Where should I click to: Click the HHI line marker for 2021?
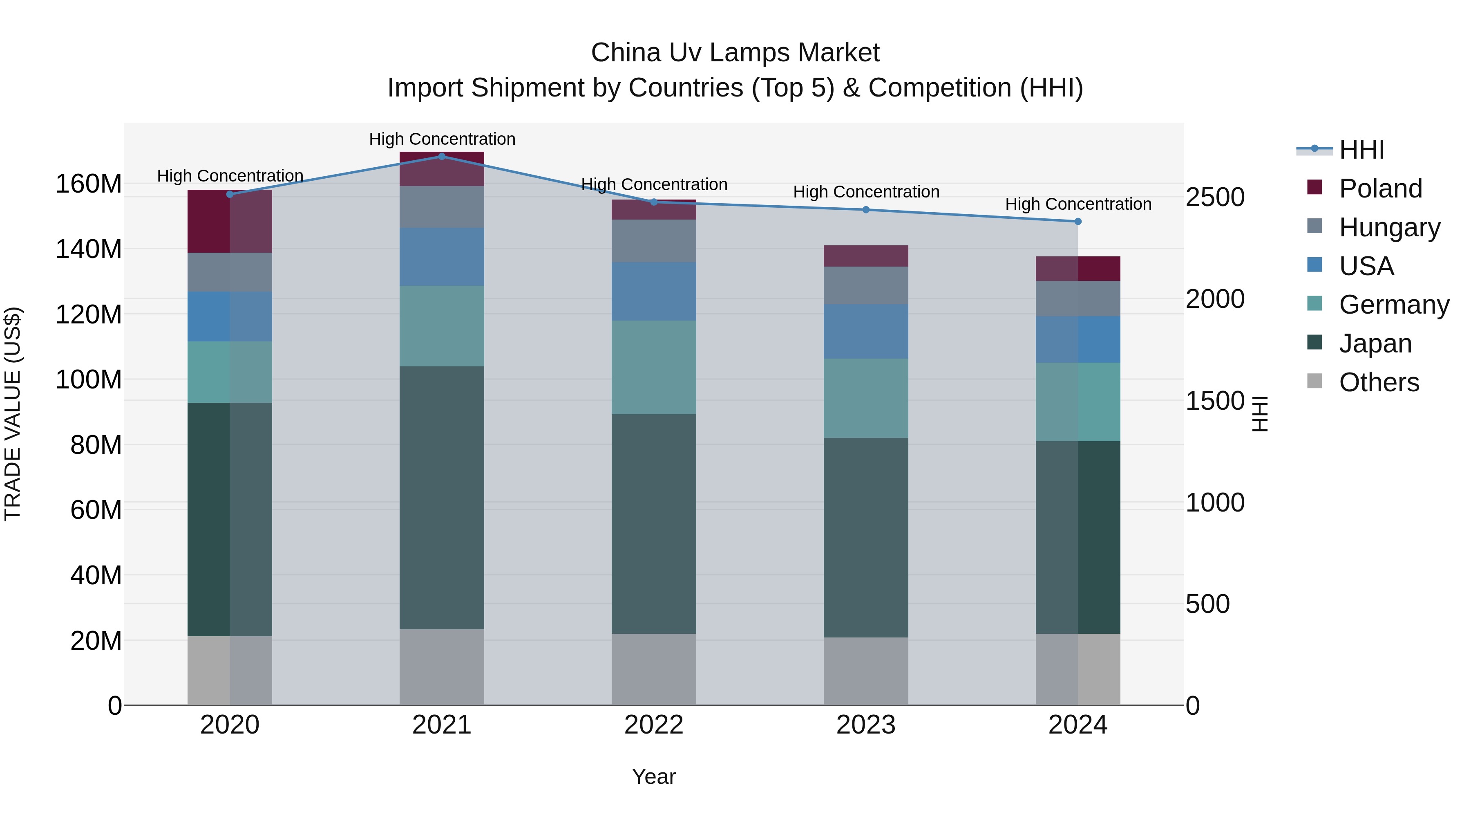[x=441, y=156]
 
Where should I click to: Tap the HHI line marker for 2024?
[x=1078, y=221]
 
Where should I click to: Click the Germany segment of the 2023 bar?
[x=866, y=398]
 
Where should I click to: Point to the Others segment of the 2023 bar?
[x=866, y=671]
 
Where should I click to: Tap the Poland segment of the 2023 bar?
[x=866, y=256]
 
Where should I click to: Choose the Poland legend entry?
[x=1379, y=188]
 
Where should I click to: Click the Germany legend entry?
[x=1393, y=305]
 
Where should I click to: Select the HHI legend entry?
[x=1361, y=150]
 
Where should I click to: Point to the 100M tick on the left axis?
[x=89, y=379]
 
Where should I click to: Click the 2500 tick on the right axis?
[x=1215, y=197]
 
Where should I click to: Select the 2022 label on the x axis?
[x=654, y=725]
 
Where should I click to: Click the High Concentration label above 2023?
[x=866, y=192]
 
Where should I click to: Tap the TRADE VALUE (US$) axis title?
[x=13, y=414]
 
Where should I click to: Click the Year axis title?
[x=654, y=776]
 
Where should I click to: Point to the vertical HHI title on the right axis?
[x=1260, y=414]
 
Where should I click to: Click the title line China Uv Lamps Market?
[x=735, y=53]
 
